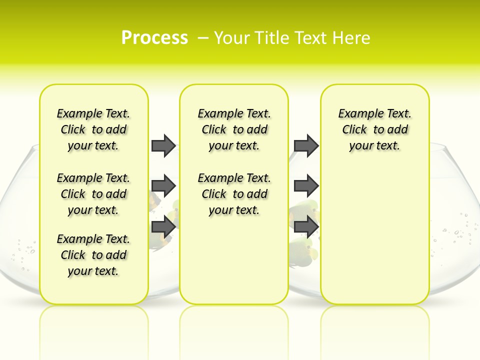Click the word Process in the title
[154, 37]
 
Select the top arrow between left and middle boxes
[163, 145]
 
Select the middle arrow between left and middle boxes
[163, 186]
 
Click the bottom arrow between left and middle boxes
[163, 226]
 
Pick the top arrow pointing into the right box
[306, 145]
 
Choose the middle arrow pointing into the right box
[306, 186]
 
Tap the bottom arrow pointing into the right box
[306, 226]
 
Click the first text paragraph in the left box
[93, 129]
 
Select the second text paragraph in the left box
[93, 194]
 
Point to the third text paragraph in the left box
[93, 255]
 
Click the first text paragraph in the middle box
[234, 129]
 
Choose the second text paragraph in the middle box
[234, 194]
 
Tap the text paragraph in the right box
[374, 129]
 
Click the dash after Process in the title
[202, 38]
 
